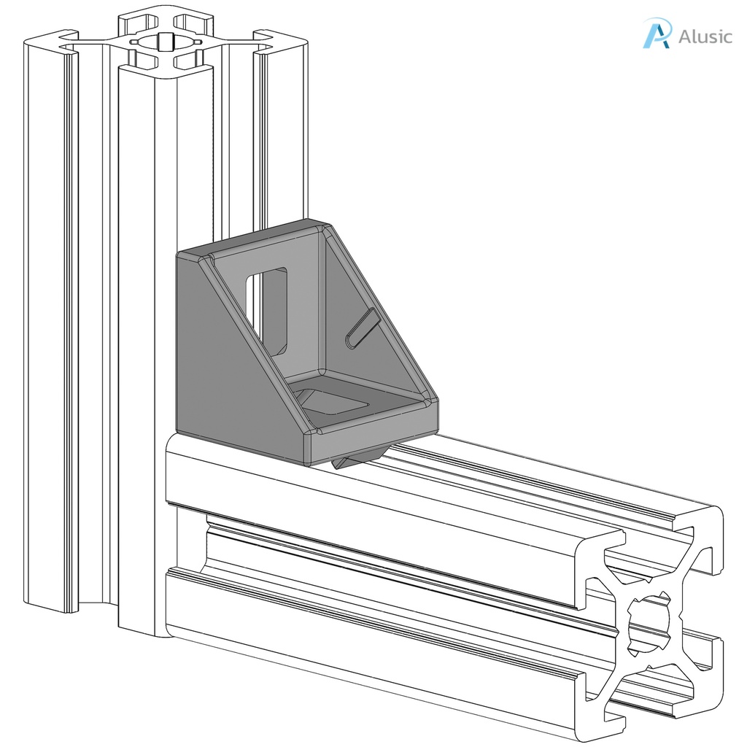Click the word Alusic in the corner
coord(705,36)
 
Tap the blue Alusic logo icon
coord(656,34)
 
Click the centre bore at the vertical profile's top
coord(167,44)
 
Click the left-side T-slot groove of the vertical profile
coord(95,321)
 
